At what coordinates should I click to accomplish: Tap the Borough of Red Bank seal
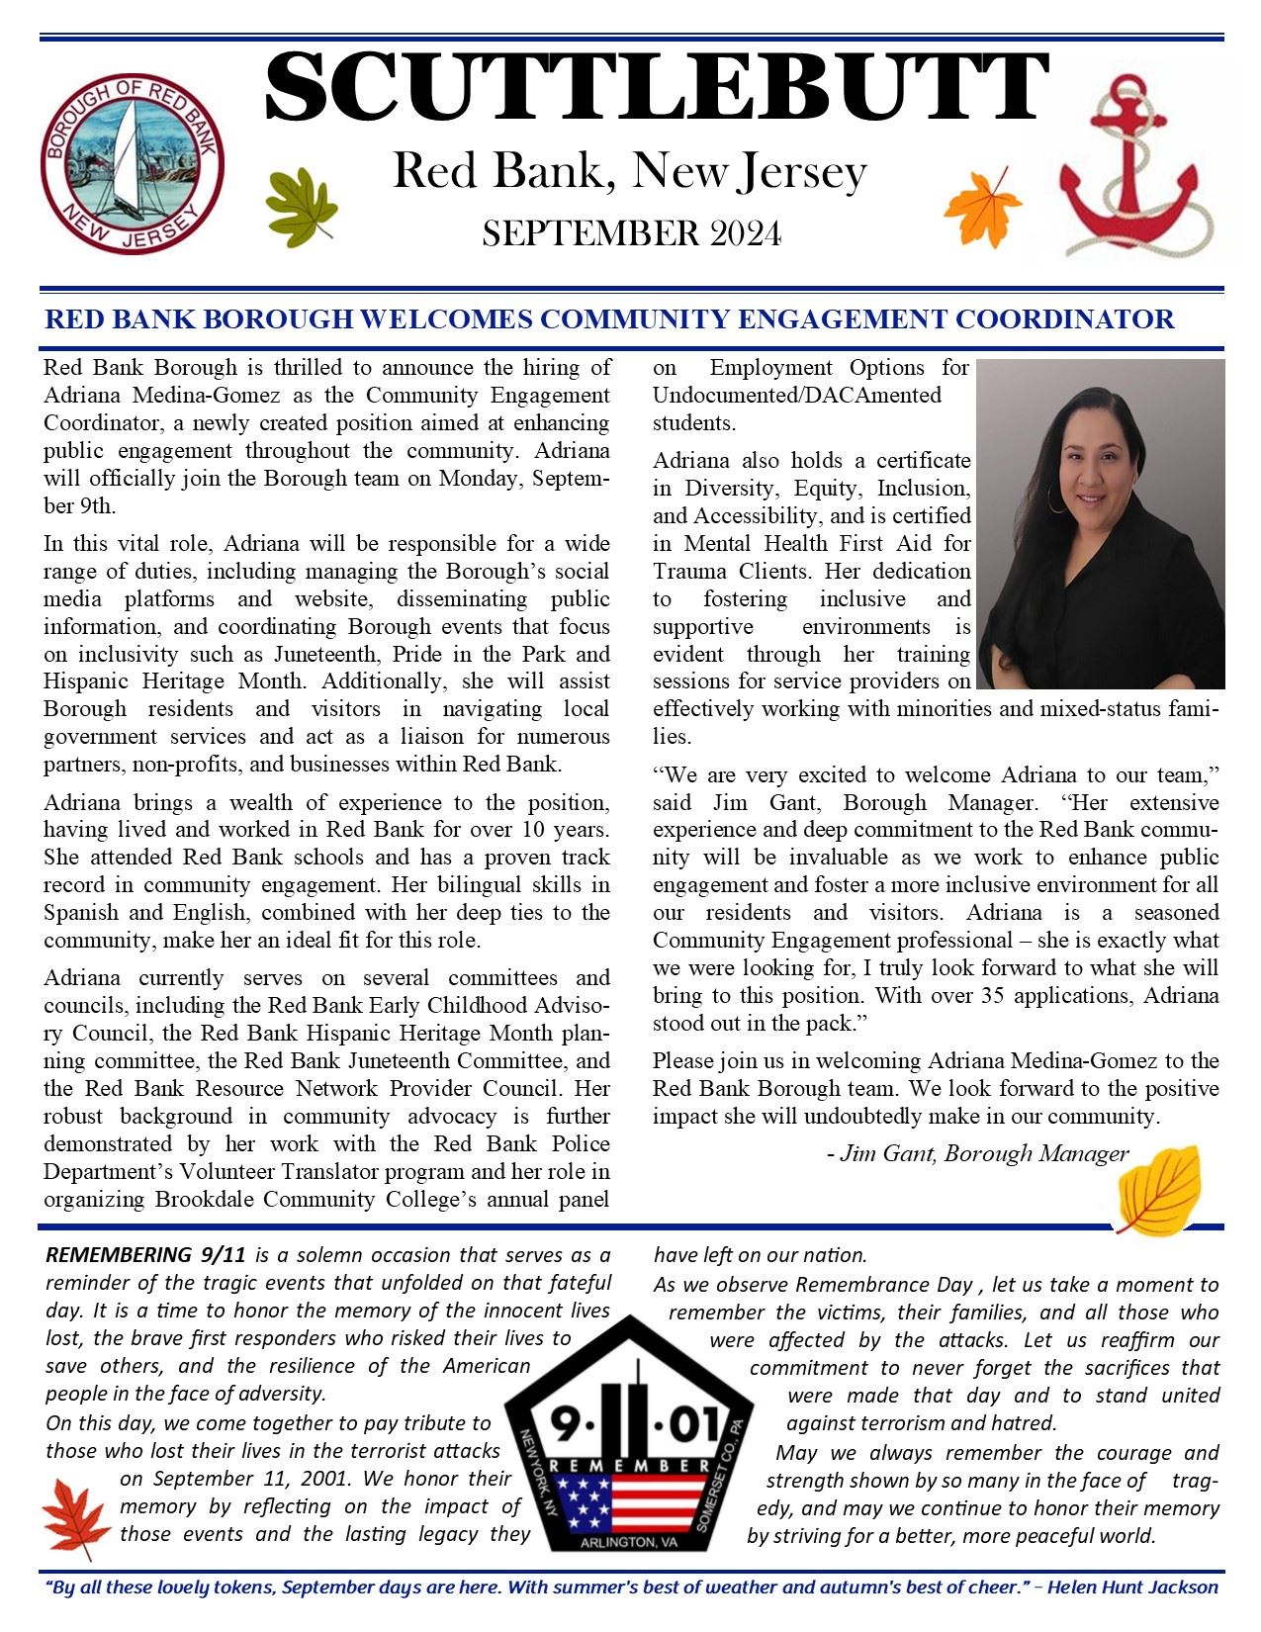pyautogui.click(x=132, y=162)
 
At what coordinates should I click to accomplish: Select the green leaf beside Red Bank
pyautogui.click(x=301, y=204)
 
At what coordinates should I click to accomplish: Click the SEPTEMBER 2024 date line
pyautogui.click(x=631, y=234)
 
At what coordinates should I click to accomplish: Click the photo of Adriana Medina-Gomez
pyautogui.click(x=1100, y=523)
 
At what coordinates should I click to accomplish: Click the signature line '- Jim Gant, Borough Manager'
pyautogui.click(x=977, y=1153)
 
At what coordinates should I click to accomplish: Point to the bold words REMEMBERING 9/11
pyautogui.click(x=145, y=1256)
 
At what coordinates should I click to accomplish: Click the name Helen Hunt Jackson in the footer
pyautogui.click(x=1132, y=1587)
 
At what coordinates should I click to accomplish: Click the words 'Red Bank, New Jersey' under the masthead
pyautogui.click(x=630, y=171)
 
